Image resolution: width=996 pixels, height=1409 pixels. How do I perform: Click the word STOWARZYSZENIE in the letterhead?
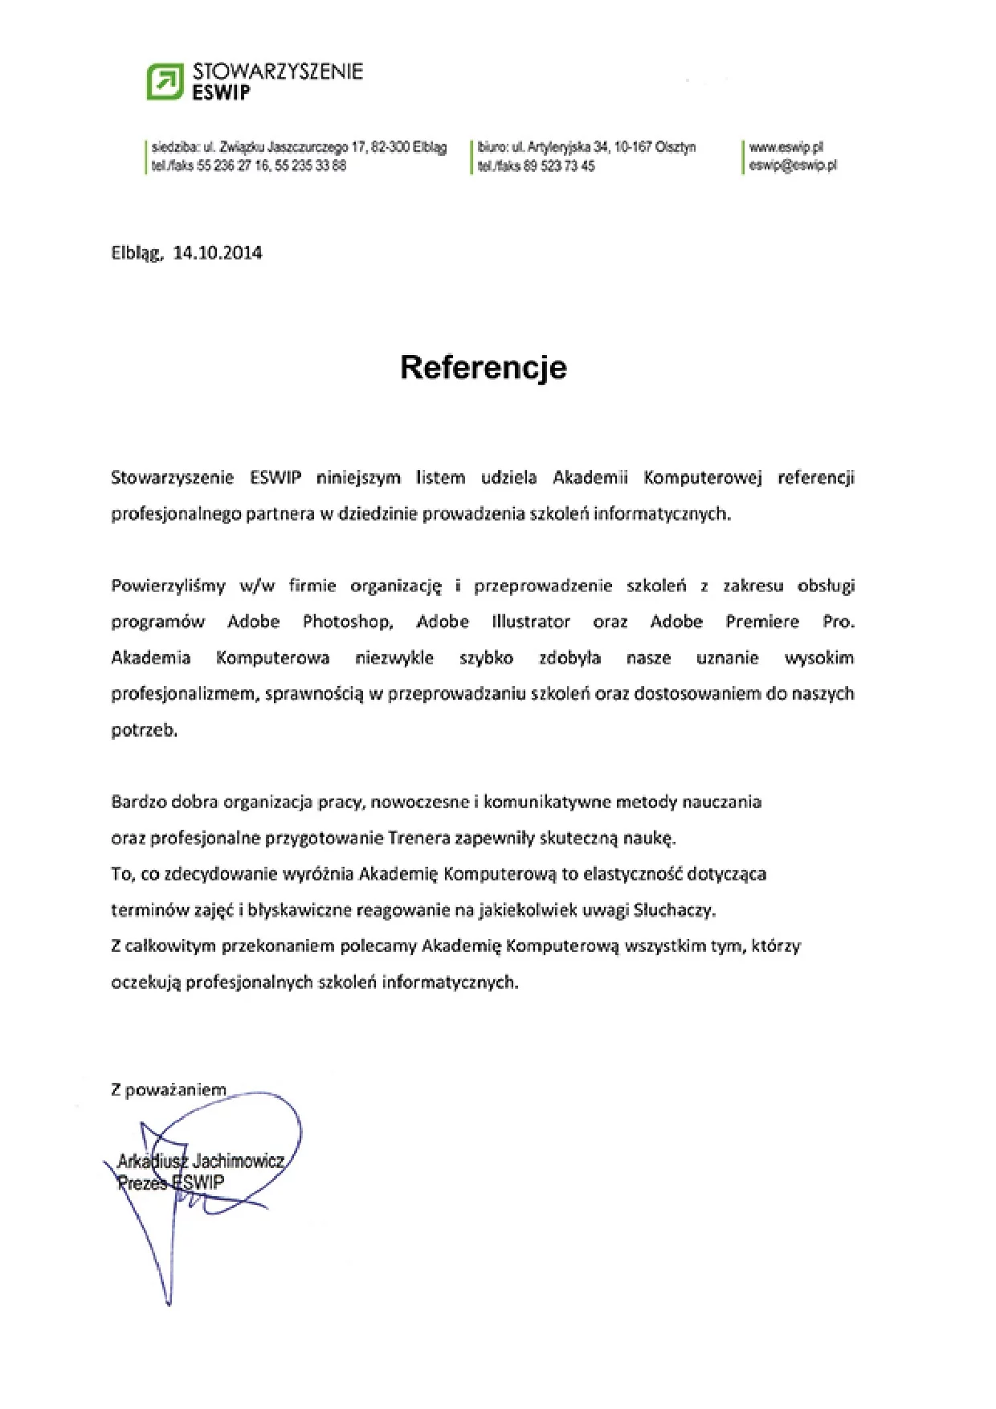tap(278, 71)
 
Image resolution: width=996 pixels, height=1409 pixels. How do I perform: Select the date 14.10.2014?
tap(218, 253)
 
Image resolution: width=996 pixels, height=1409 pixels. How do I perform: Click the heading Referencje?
tap(484, 367)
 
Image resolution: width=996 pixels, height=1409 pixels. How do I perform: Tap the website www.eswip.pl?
tap(786, 148)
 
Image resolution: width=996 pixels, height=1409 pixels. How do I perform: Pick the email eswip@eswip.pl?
tap(793, 165)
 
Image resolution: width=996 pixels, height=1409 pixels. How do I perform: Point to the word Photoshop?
tap(347, 622)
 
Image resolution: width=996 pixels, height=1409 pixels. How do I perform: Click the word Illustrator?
tap(531, 622)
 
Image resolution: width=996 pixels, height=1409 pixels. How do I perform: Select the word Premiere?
tap(762, 622)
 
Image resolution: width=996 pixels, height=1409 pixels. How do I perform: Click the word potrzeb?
tap(144, 730)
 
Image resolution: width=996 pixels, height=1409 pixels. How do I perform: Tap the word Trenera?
tap(419, 838)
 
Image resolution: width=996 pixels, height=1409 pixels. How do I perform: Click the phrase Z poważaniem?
tap(169, 1090)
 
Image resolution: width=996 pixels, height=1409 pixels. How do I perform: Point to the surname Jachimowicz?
tap(239, 1162)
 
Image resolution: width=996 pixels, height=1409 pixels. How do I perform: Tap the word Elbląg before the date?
tap(137, 254)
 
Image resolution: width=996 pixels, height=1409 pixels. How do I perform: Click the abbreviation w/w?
tap(257, 586)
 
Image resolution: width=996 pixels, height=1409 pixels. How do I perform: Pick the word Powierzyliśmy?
tap(169, 586)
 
